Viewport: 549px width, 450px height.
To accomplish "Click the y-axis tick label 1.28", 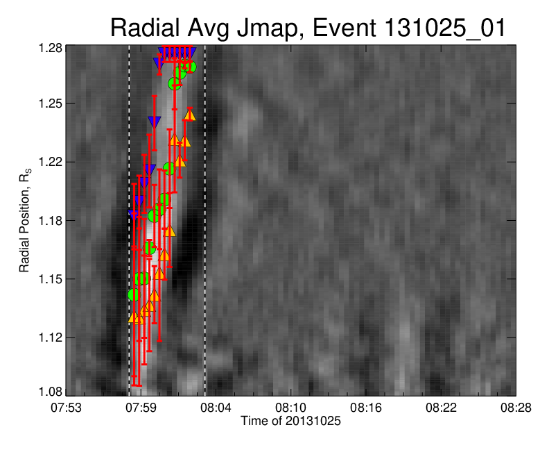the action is click(x=50, y=48).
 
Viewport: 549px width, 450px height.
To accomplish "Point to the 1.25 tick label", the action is click(x=50, y=103).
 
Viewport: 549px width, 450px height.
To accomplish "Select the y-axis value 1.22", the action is click(x=50, y=162).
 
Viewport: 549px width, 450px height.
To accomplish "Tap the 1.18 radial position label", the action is click(x=50, y=221).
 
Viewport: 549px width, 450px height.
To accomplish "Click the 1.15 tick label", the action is click(x=50, y=279).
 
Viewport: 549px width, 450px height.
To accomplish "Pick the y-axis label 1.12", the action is click(x=50, y=337).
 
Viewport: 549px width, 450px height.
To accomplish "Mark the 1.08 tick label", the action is click(x=50, y=392).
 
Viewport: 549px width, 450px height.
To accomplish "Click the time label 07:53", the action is click(x=66, y=408).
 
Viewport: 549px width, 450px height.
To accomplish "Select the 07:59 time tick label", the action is click(x=141, y=408).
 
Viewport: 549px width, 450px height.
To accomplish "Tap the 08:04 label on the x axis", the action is click(x=216, y=408).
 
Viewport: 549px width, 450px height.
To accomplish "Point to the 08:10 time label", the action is click(x=290, y=408).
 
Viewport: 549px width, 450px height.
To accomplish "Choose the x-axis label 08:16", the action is click(x=366, y=408).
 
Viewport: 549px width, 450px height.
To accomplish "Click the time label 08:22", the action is click(x=441, y=408).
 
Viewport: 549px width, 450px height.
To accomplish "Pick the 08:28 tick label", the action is click(x=516, y=408).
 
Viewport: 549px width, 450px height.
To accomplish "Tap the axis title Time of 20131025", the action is click(x=290, y=421).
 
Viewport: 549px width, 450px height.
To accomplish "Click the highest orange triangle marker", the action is click(x=190, y=115).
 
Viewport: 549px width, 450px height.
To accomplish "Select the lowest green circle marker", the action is click(x=134, y=294).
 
